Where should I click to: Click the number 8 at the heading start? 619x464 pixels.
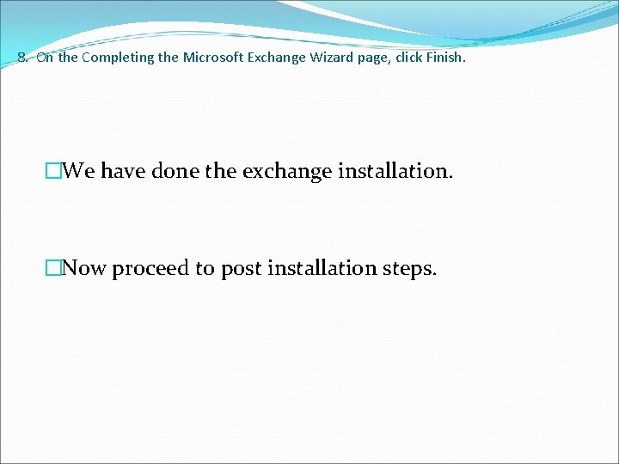pos(21,58)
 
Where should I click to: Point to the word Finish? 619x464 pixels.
pos(447,58)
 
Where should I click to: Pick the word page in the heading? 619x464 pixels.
pos(351,58)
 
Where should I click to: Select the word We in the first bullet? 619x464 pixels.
pos(79,171)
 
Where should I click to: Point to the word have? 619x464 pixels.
pos(124,171)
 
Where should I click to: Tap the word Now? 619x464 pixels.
pos(84,268)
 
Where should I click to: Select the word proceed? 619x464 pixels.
pos(150,268)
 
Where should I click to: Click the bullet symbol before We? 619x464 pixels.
pos(55,171)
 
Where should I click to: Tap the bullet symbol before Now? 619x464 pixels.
pos(55,268)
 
